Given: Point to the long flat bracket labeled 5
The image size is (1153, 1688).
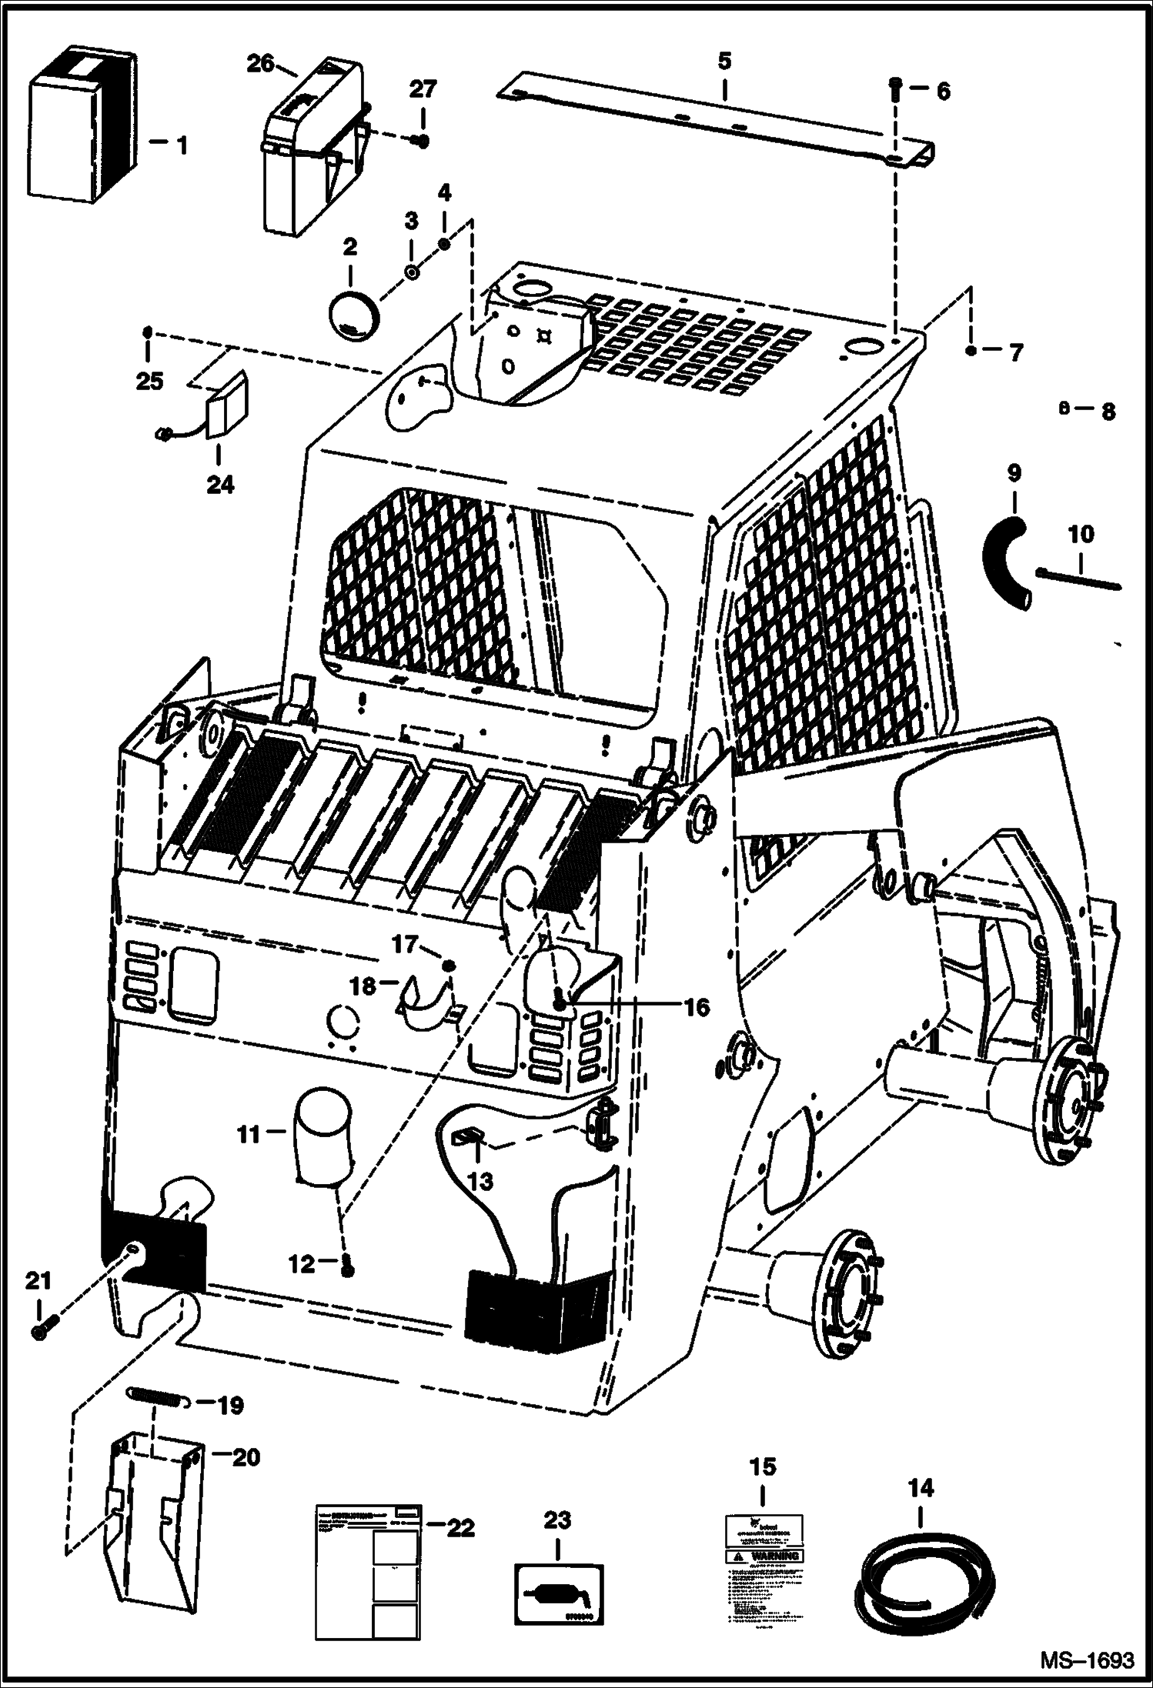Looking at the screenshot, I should (716, 123).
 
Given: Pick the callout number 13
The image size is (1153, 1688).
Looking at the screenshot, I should (480, 1181).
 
